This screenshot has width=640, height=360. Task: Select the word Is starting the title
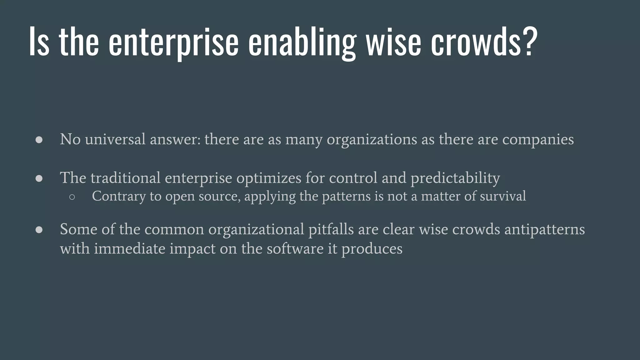click(x=39, y=42)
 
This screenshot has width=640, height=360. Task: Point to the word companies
click(x=538, y=140)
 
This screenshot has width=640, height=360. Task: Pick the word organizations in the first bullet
click(x=372, y=140)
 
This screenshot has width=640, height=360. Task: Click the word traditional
click(x=125, y=178)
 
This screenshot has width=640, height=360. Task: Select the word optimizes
click(x=268, y=178)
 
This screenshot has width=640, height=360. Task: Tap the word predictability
click(x=455, y=178)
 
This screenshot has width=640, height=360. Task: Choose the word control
click(x=353, y=178)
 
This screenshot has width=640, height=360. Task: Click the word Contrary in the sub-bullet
click(x=119, y=197)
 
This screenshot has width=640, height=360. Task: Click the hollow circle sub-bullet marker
click(x=72, y=197)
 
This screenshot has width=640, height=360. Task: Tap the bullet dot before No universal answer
click(x=39, y=140)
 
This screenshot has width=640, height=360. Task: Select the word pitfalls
click(x=331, y=229)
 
